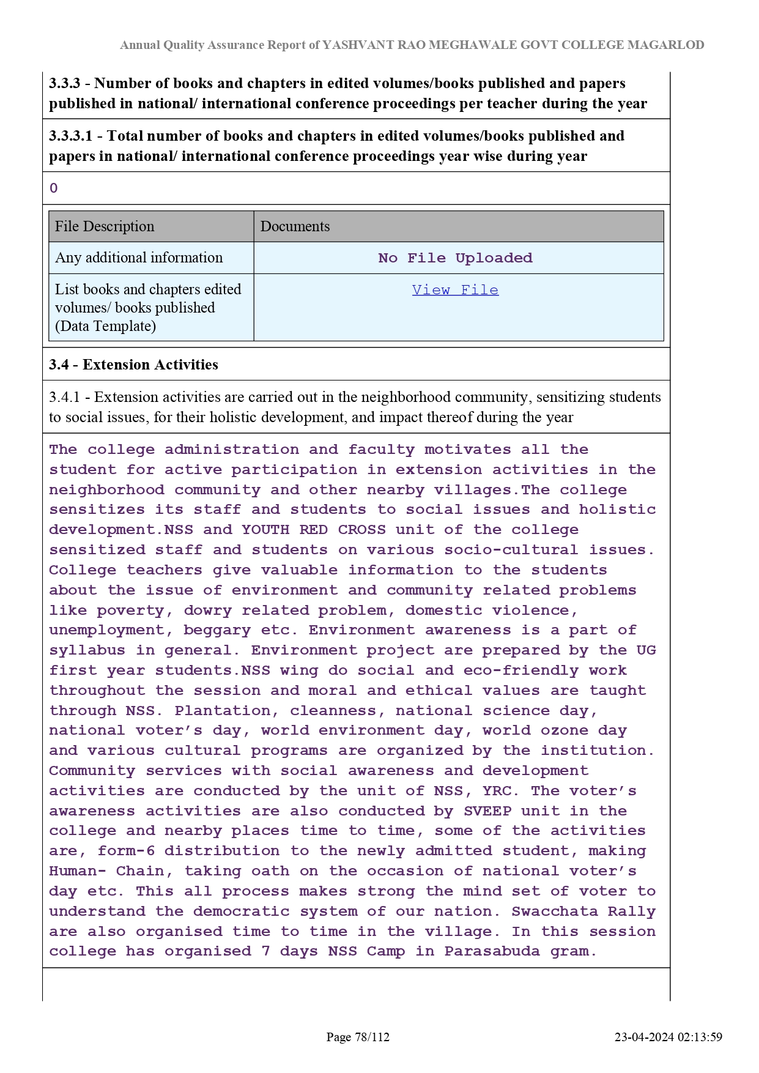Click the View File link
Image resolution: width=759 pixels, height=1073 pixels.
click(455, 290)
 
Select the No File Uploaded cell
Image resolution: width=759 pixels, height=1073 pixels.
click(455, 258)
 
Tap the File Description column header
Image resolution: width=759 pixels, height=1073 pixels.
click(105, 226)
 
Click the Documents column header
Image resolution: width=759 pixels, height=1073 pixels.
click(295, 226)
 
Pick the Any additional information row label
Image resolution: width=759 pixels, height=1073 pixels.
click(139, 258)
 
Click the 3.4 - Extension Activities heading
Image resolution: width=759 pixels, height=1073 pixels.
click(133, 365)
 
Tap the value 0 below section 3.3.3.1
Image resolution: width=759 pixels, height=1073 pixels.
click(54, 188)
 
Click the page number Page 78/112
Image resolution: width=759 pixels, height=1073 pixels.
click(358, 1037)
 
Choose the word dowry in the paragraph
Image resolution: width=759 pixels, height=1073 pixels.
click(208, 611)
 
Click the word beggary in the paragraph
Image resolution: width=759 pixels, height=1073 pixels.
click(217, 630)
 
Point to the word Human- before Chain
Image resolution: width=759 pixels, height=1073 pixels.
click(78, 871)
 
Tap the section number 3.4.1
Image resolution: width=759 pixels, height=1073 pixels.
click(64, 397)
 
